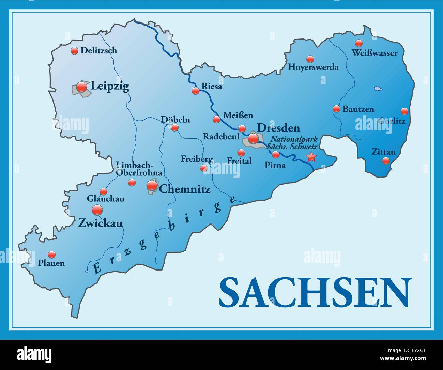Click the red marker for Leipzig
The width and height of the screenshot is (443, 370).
pos(82,87)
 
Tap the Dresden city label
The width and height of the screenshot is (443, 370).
pos(278,128)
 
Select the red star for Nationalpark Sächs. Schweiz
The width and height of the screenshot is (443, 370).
pos(311,157)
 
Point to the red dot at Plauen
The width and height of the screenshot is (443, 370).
pos(51,254)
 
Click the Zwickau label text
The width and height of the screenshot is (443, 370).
pos(100,223)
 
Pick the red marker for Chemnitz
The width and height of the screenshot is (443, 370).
pos(152,185)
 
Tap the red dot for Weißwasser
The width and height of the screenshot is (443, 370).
pos(358,43)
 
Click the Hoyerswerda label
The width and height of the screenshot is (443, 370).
pos(313,67)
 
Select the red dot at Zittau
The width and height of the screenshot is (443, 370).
pos(386,160)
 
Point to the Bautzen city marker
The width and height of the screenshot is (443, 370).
pos(336,109)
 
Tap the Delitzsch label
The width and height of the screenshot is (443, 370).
pos(98,51)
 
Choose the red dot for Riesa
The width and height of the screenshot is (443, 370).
pos(195,91)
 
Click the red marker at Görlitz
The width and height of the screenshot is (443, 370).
pos(404,111)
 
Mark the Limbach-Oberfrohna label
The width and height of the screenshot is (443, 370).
pos(139,169)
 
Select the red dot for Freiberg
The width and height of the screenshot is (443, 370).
pos(204,168)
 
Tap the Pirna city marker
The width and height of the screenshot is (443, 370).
pos(276,155)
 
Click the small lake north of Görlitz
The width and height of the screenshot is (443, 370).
pos(378,89)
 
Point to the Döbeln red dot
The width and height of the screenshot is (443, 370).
pos(174,128)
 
